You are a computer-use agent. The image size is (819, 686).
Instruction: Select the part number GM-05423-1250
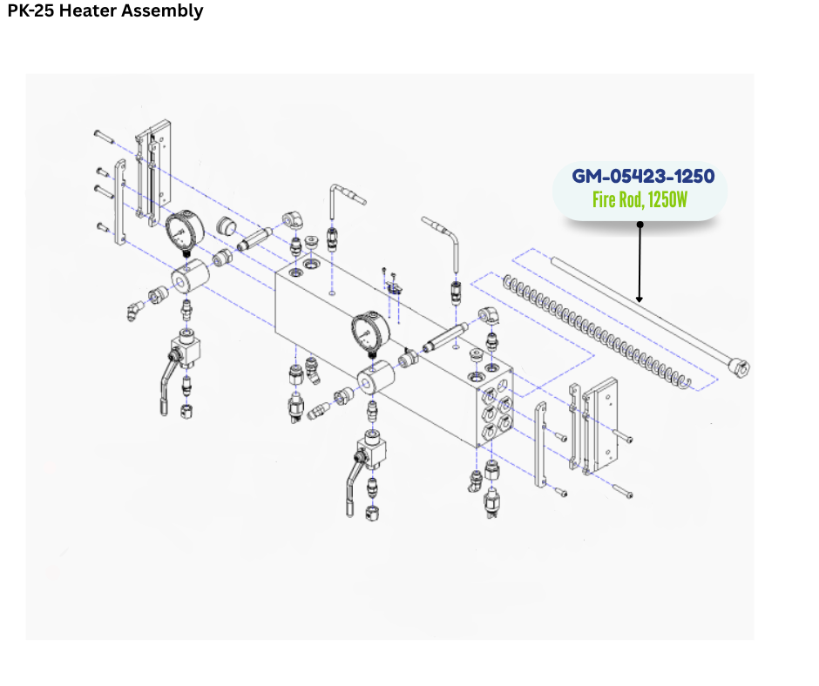tap(643, 177)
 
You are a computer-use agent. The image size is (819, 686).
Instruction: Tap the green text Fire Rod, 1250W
tap(640, 200)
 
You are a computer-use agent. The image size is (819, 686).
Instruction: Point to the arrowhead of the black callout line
tap(640, 299)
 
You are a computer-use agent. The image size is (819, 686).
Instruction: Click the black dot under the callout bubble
tap(640, 225)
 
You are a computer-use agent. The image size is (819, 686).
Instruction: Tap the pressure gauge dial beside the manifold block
tap(370, 332)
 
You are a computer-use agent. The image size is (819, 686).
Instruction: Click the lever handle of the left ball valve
tap(167, 384)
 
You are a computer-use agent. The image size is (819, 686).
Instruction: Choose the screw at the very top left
tap(104, 137)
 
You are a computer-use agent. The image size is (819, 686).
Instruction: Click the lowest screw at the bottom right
tap(623, 491)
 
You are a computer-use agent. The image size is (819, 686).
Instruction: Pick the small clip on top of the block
tap(394, 286)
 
